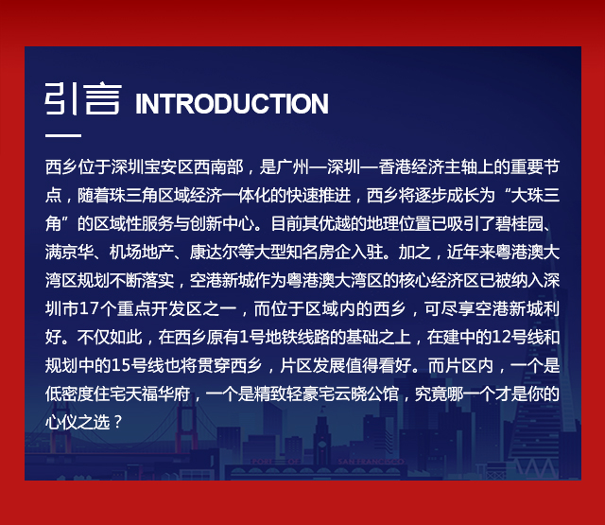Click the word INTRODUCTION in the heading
[x=232, y=103]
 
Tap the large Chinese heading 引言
[x=83, y=98]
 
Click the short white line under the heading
[x=63, y=135]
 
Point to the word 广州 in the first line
[x=293, y=167]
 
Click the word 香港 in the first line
[x=395, y=167]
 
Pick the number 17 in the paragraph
[x=89, y=308]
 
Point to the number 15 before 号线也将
[x=120, y=365]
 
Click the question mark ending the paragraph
[x=118, y=422]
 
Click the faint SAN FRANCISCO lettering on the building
[x=372, y=462]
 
